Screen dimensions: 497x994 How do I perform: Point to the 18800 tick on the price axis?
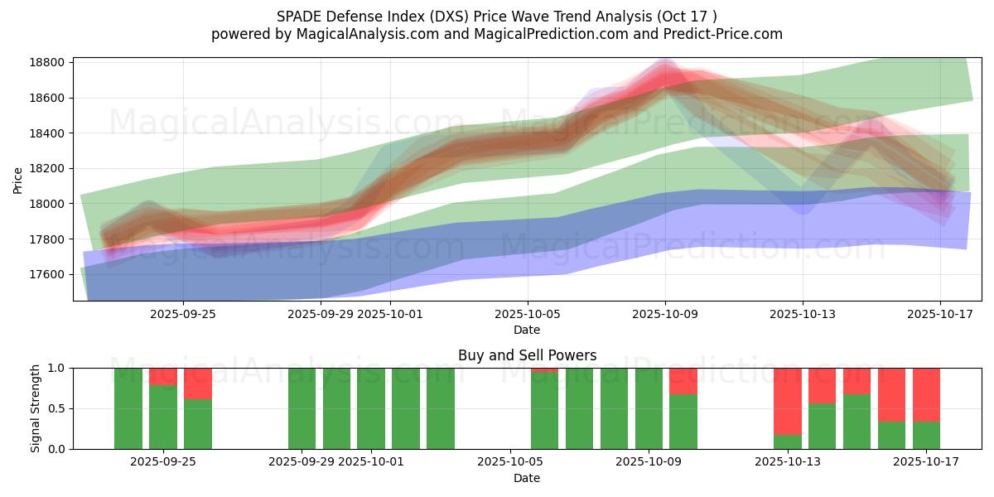(47, 63)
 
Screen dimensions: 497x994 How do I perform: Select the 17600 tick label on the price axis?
(47, 274)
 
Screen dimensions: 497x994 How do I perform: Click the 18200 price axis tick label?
(47, 169)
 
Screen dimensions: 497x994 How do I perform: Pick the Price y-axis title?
(18, 180)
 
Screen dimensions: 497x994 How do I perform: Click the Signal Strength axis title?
(36, 408)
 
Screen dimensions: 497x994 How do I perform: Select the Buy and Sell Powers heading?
(527, 355)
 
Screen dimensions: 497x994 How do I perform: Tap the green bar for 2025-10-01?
(371, 408)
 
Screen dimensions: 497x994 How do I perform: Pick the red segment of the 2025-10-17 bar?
(926, 394)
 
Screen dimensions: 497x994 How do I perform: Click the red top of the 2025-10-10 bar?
(683, 380)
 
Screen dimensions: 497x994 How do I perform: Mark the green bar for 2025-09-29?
(302, 408)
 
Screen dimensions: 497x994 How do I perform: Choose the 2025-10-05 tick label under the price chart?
(528, 314)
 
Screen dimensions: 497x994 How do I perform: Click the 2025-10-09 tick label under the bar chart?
(666, 462)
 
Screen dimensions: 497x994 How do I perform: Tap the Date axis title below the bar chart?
(527, 478)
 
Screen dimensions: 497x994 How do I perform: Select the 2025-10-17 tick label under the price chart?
(939, 314)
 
